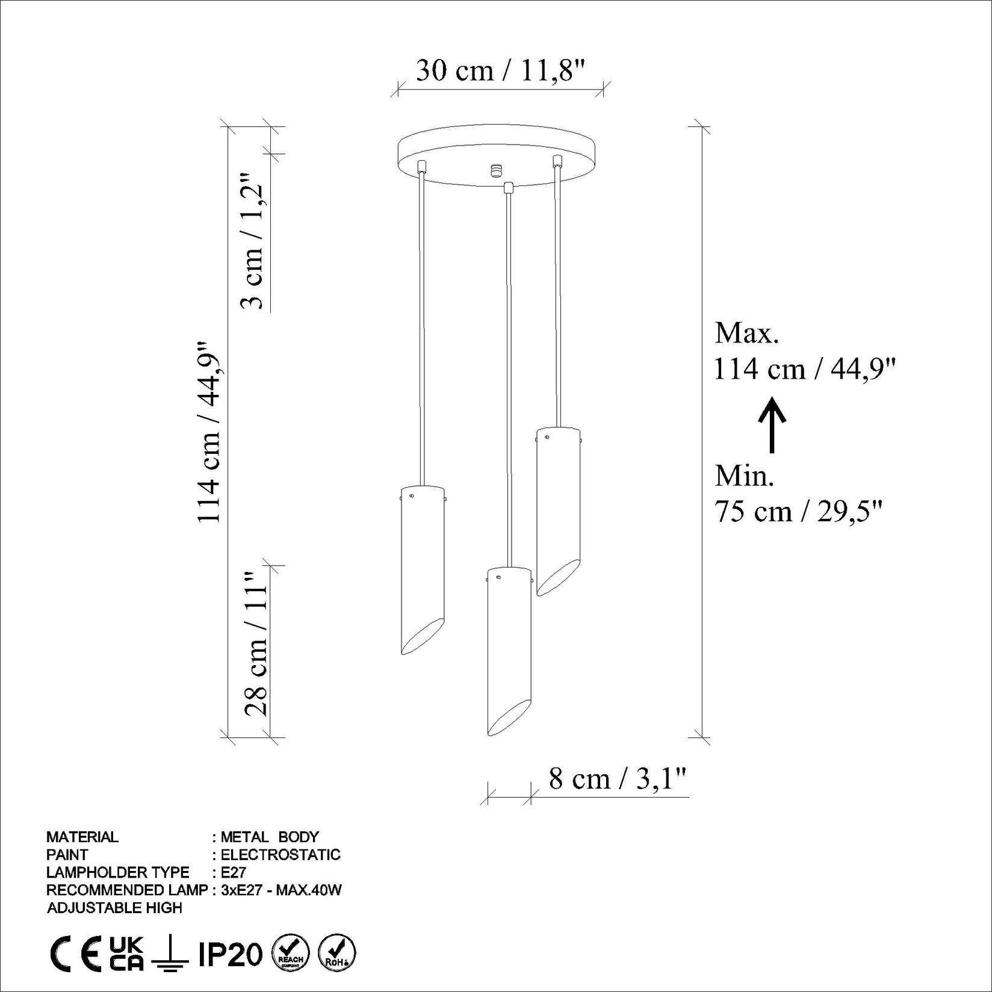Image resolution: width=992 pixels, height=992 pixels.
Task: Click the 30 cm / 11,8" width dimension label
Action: click(500, 70)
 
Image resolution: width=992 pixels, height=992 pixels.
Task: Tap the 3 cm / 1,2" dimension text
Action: click(253, 242)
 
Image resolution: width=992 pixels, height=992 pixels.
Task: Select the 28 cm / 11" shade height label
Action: click(256, 642)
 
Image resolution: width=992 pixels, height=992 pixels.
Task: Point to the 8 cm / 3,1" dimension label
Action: click(618, 779)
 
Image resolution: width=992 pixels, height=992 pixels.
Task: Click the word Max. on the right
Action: click(746, 333)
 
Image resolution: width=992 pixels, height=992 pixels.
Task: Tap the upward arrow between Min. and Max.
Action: click(772, 424)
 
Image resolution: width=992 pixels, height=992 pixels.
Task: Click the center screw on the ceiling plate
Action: click(497, 170)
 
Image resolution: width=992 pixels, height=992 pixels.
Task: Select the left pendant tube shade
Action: click(423, 569)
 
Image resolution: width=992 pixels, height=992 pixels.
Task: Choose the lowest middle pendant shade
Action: click(509, 650)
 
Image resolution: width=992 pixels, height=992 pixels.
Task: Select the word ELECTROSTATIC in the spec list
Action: click(281, 855)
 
